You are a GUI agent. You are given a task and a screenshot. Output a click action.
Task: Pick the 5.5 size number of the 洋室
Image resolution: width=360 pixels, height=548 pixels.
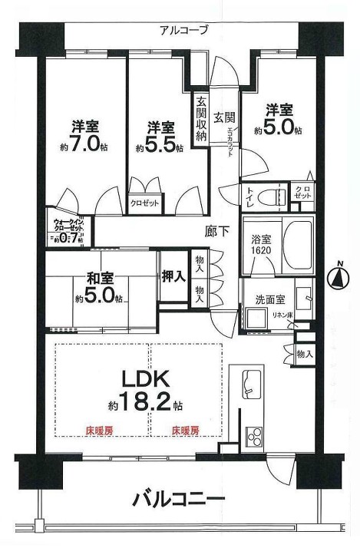[x=163, y=145]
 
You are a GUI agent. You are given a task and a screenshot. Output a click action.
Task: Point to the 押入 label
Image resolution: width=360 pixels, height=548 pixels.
[x=173, y=276]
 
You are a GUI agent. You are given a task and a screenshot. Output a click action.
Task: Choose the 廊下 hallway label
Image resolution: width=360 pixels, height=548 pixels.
[x=216, y=229]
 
